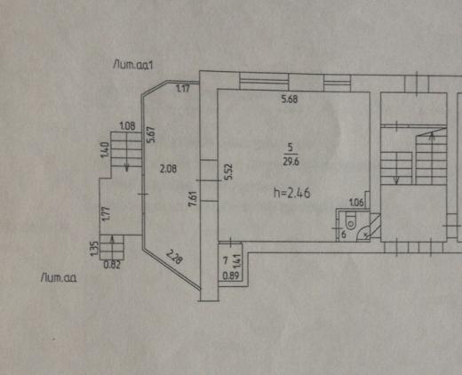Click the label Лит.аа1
133,65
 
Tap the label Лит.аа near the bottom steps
59,278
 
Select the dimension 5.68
290,99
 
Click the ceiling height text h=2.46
292,194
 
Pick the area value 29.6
291,162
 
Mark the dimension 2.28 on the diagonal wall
174,257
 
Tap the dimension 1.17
183,88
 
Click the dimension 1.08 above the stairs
127,126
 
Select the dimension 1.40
105,150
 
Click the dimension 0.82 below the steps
112,265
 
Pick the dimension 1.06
356,203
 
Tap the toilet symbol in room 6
350,220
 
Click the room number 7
225,260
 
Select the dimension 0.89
230,276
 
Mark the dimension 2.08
168,169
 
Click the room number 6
344,235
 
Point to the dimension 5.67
151,135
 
